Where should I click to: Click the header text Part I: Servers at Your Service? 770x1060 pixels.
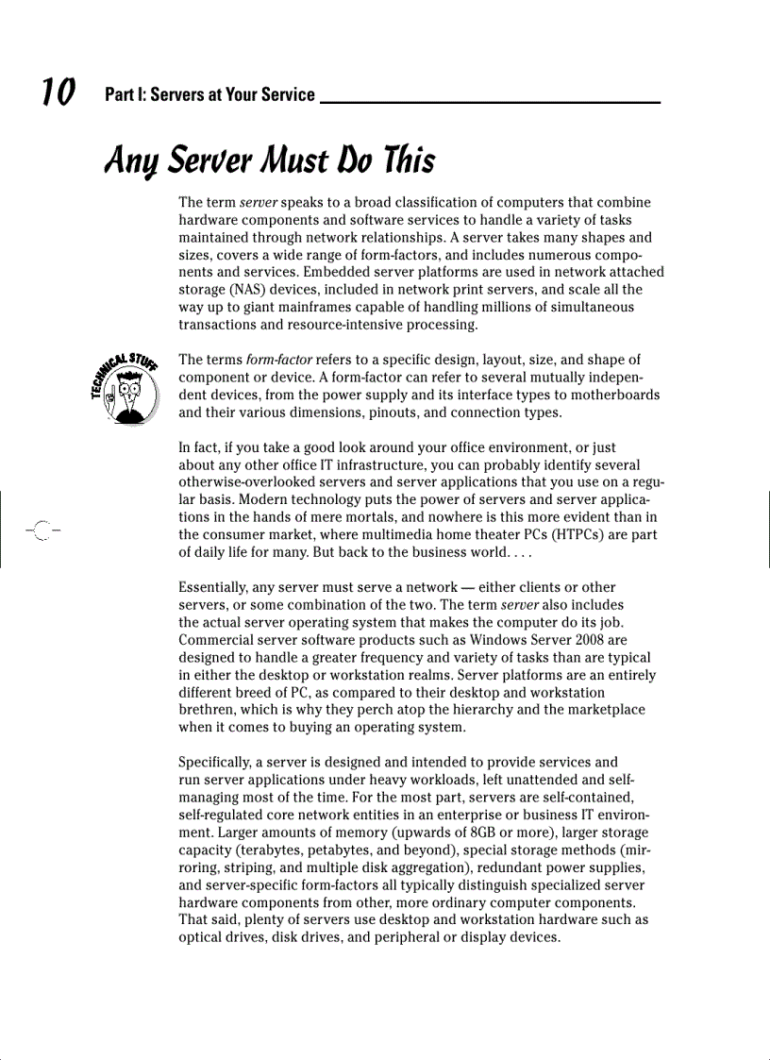point(209,94)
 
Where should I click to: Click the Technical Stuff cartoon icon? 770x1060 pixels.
point(126,391)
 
